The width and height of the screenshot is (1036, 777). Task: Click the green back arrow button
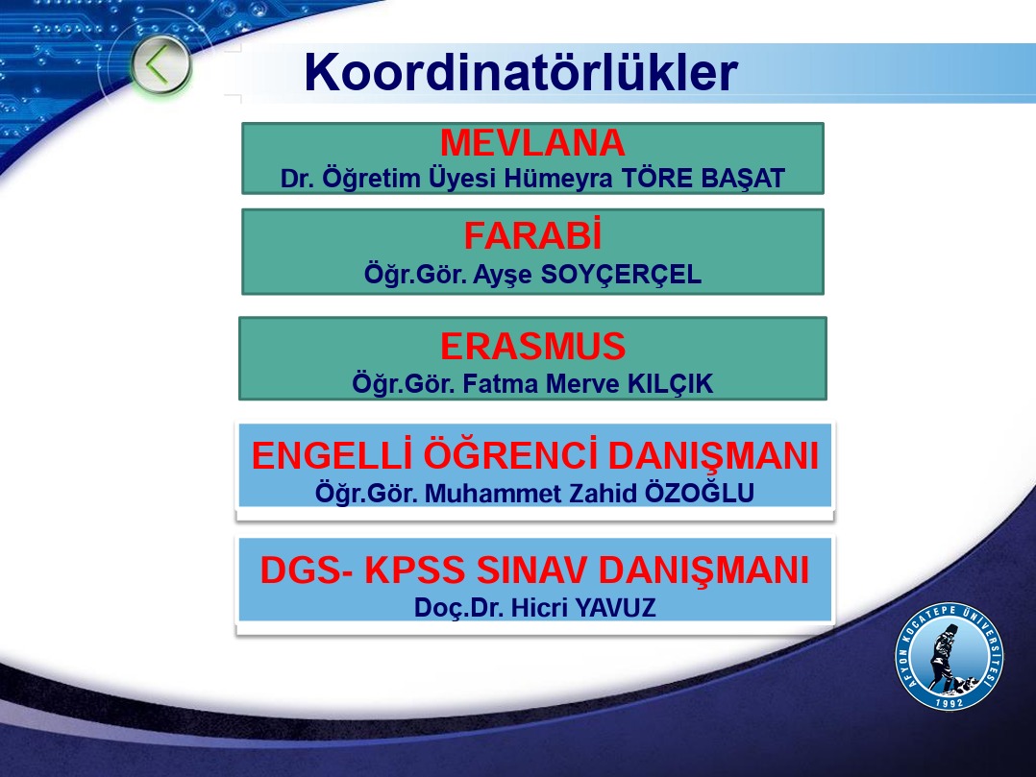click(x=160, y=64)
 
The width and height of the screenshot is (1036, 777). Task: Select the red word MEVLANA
click(x=532, y=142)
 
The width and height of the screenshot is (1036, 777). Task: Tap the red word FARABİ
click(x=532, y=235)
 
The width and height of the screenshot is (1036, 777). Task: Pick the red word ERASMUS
click(x=532, y=346)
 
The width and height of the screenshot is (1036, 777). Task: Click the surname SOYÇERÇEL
click(x=621, y=275)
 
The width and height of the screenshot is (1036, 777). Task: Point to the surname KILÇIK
click(x=670, y=383)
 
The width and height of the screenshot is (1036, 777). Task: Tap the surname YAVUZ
click(x=615, y=608)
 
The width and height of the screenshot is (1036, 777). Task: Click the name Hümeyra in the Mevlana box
click(x=558, y=179)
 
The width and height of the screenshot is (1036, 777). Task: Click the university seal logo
click(x=950, y=657)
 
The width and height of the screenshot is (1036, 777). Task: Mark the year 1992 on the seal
click(x=949, y=702)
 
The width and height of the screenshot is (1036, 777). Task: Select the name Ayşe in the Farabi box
click(x=502, y=275)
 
